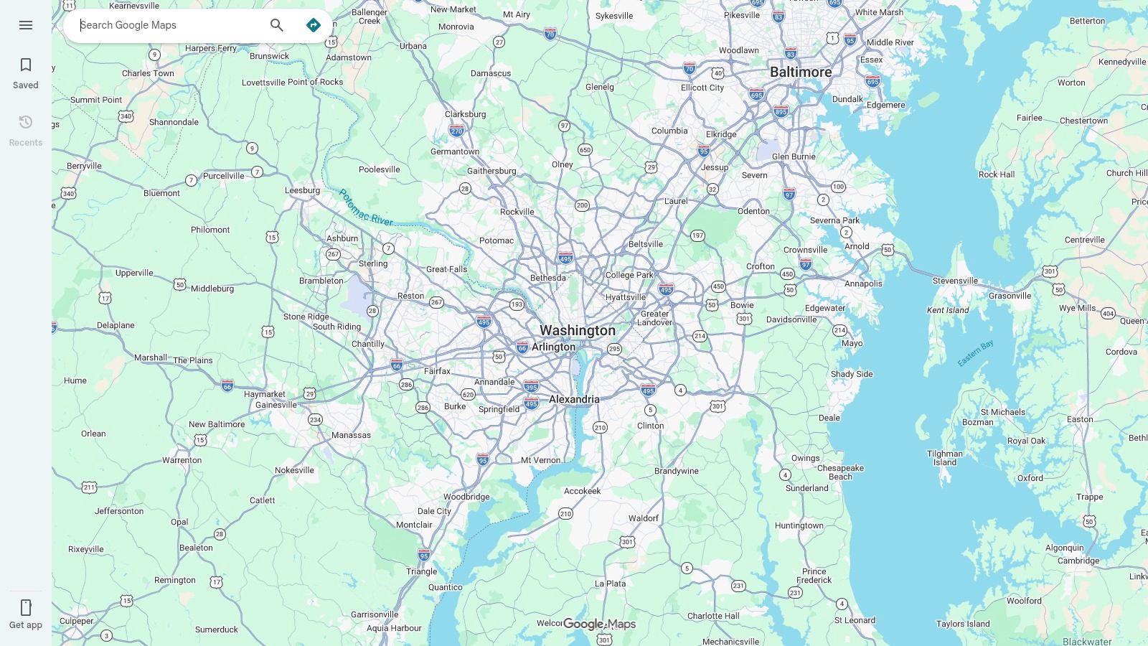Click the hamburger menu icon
pyautogui.click(x=26, y=25)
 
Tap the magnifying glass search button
pyautogui.click(x=277, y=25)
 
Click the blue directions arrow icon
pyautogui.click(x=314, y=25)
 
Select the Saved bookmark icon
pyautogui.click(x=26, y=65)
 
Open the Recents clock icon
pyautogui.click(x=26, y=123)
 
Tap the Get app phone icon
pyautogui.click(x=26, y=608)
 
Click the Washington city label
pyautogui.click(x=577, y=331)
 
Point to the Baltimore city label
pyautogui.click(x=801, y=72)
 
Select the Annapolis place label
pyautogui.click(x=863, y=284)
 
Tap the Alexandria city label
pyautogui.click(x=574, y=400)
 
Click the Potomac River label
pyautogui.click(x=365, y=207)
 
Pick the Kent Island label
pyautogui.click(x=948, y=311)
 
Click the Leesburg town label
pyautogui.click(x=302, y=191)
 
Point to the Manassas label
pyautogui.click(x=351, y=435)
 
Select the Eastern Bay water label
pyautogui.click(x=976, y=353)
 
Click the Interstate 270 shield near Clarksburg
pyautogui.click(x=456, y=131)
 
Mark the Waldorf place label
pyautogui.click(x=643, y=518)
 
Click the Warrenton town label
pyautogui.click(x=182, y=461)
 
